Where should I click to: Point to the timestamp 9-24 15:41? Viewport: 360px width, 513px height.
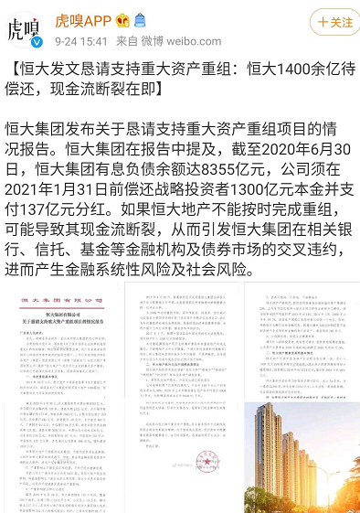[x=81, y=41]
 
